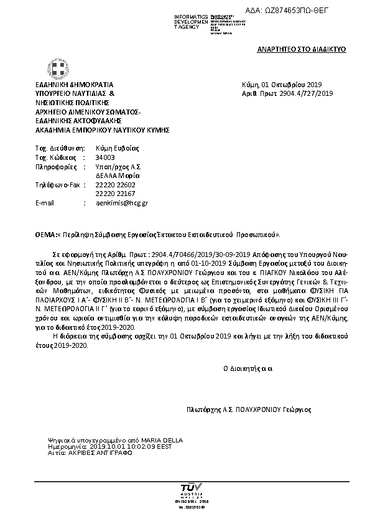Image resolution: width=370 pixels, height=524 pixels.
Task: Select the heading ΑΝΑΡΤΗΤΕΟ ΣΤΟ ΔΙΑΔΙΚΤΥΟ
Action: tap(301, 49)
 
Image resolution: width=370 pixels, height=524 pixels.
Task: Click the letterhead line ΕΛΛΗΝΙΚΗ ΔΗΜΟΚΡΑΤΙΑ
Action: tap(75, 85)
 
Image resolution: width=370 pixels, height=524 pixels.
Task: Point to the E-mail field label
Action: tap(45, 203)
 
